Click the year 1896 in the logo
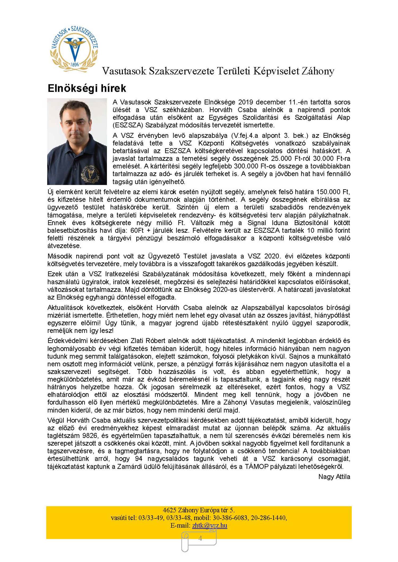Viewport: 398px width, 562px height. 75,64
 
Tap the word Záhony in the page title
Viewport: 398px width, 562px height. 317,71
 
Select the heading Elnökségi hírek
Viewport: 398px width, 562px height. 87,88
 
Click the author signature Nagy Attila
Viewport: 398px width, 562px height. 334,477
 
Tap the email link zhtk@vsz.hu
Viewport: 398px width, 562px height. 210,525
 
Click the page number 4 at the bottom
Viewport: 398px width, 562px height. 200,538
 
